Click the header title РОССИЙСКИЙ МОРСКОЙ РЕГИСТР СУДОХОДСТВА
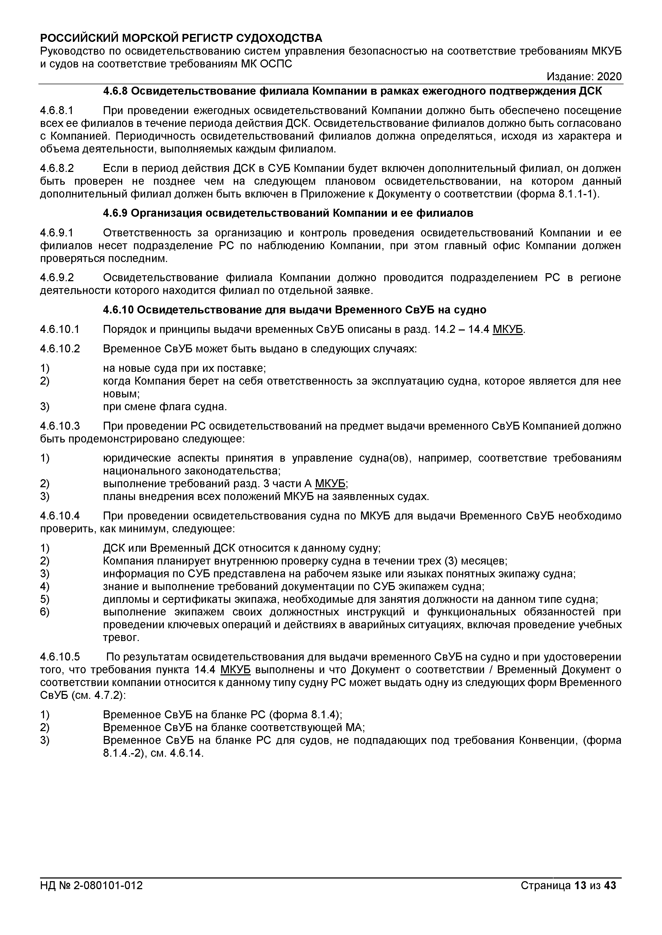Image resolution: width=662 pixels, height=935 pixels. click(x=181, y=38)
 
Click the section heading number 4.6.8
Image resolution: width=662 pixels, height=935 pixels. click(x=115, y=91)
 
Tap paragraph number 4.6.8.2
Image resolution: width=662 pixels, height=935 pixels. click(x=57, y=168)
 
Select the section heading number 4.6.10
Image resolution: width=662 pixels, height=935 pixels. click(x=118, y=310)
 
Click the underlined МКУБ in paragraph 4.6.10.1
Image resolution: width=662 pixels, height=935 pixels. click(x=508, y=329)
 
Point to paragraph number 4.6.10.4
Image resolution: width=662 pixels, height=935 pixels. click(x=60, y=516)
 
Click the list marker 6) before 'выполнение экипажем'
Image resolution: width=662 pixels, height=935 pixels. click(x=45, y=612)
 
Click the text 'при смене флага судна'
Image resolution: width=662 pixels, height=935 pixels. click(x=165, y=406)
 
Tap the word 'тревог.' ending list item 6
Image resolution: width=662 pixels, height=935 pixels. click(x=121, y=638)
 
